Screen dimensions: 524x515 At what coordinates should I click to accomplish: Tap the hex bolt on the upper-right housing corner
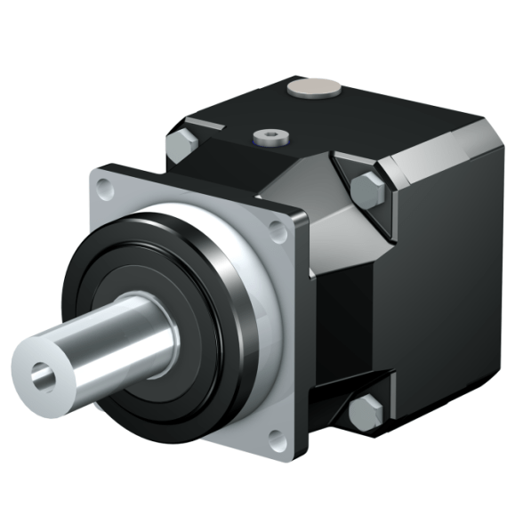366,189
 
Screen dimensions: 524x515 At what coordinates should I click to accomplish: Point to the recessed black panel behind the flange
334,320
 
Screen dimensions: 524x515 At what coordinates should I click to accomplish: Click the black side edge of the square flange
301,338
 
